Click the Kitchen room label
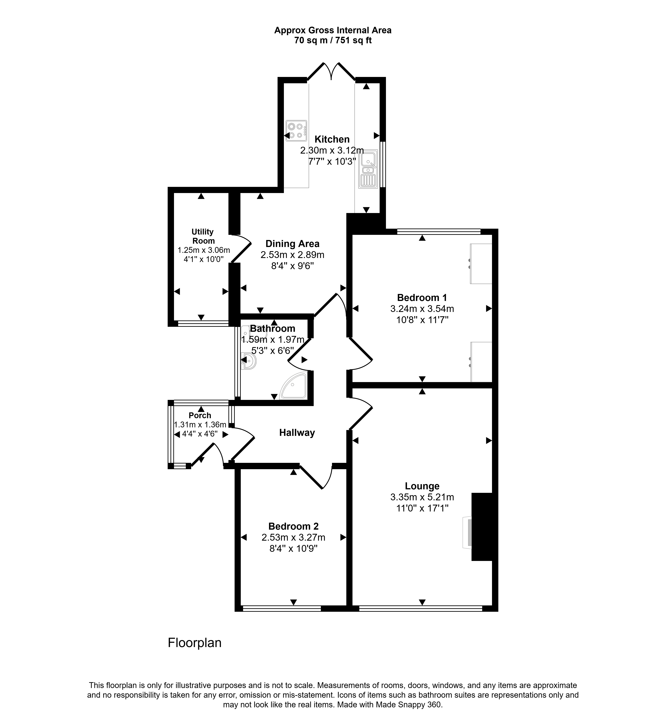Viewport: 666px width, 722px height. point(332,139)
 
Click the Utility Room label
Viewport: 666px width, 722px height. point(203,236)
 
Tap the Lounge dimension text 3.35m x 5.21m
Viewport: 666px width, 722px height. point(422,497)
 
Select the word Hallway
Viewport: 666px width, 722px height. point(297,433)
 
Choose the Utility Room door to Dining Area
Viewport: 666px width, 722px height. point(240,248)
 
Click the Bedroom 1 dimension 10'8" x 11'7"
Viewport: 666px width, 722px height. point(422,320)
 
